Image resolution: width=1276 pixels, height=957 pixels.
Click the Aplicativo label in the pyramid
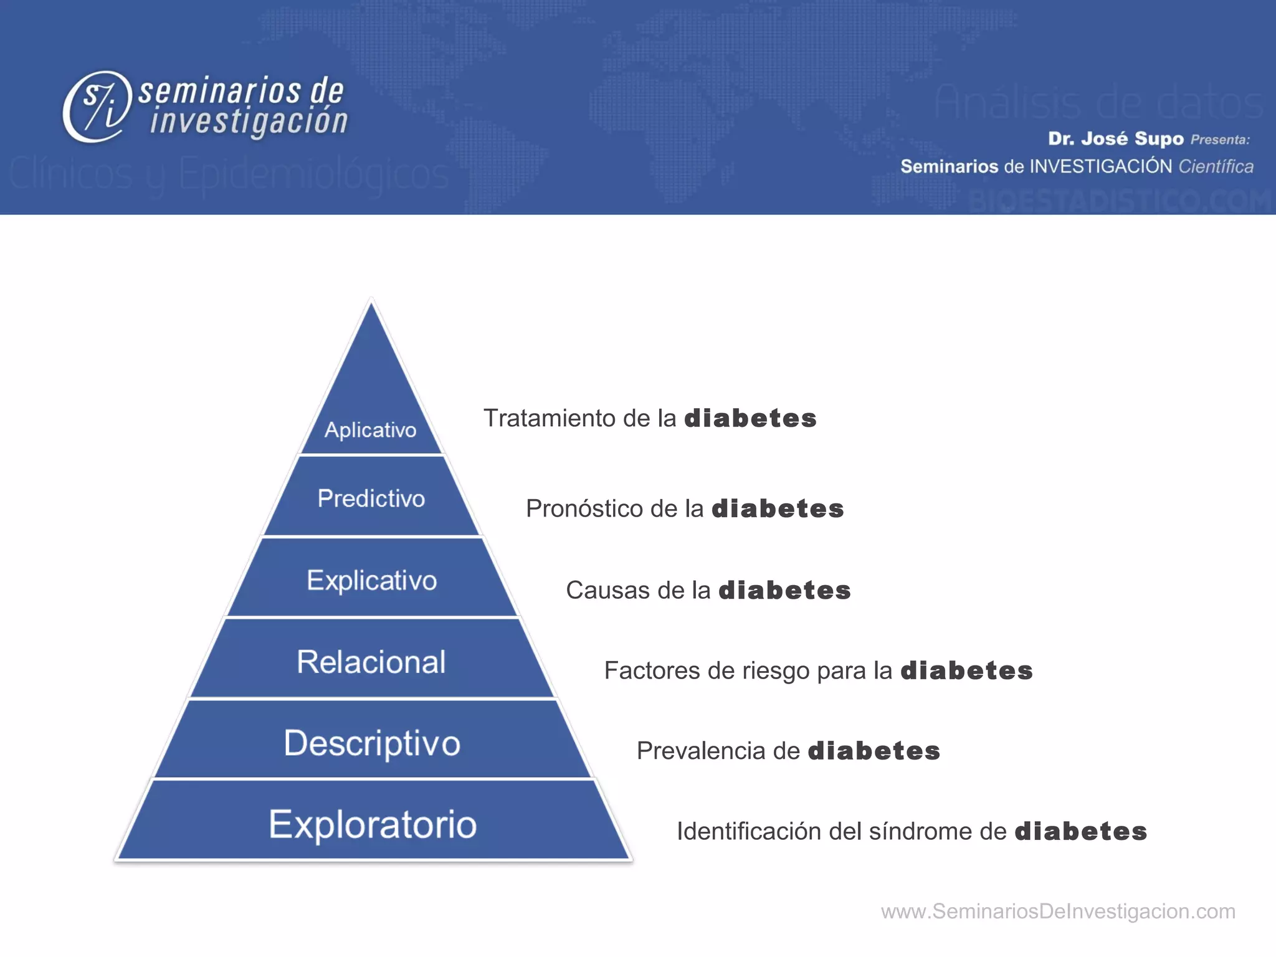click(370, 430)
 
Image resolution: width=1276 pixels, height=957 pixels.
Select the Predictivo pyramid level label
click(371, 498)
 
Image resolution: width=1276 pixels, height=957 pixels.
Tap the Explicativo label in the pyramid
click(372, 580)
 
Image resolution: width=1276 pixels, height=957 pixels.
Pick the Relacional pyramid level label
click(371, 662)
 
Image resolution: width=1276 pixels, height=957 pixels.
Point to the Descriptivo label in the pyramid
click(372, 743)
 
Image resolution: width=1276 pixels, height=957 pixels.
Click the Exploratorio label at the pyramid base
click(373, 824)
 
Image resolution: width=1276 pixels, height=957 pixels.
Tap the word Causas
click(600, 590)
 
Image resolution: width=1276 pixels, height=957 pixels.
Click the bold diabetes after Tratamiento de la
click(751, 418)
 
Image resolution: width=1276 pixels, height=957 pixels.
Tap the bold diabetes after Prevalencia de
click(874, 751)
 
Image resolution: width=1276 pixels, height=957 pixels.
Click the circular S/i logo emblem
click(97, 106)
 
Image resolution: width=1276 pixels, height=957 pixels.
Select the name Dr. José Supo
click(1115, 138)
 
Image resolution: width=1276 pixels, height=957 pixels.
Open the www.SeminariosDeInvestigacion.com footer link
click(1058, 912)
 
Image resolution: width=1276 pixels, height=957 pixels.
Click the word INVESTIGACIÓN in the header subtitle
click(1101, 166)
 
